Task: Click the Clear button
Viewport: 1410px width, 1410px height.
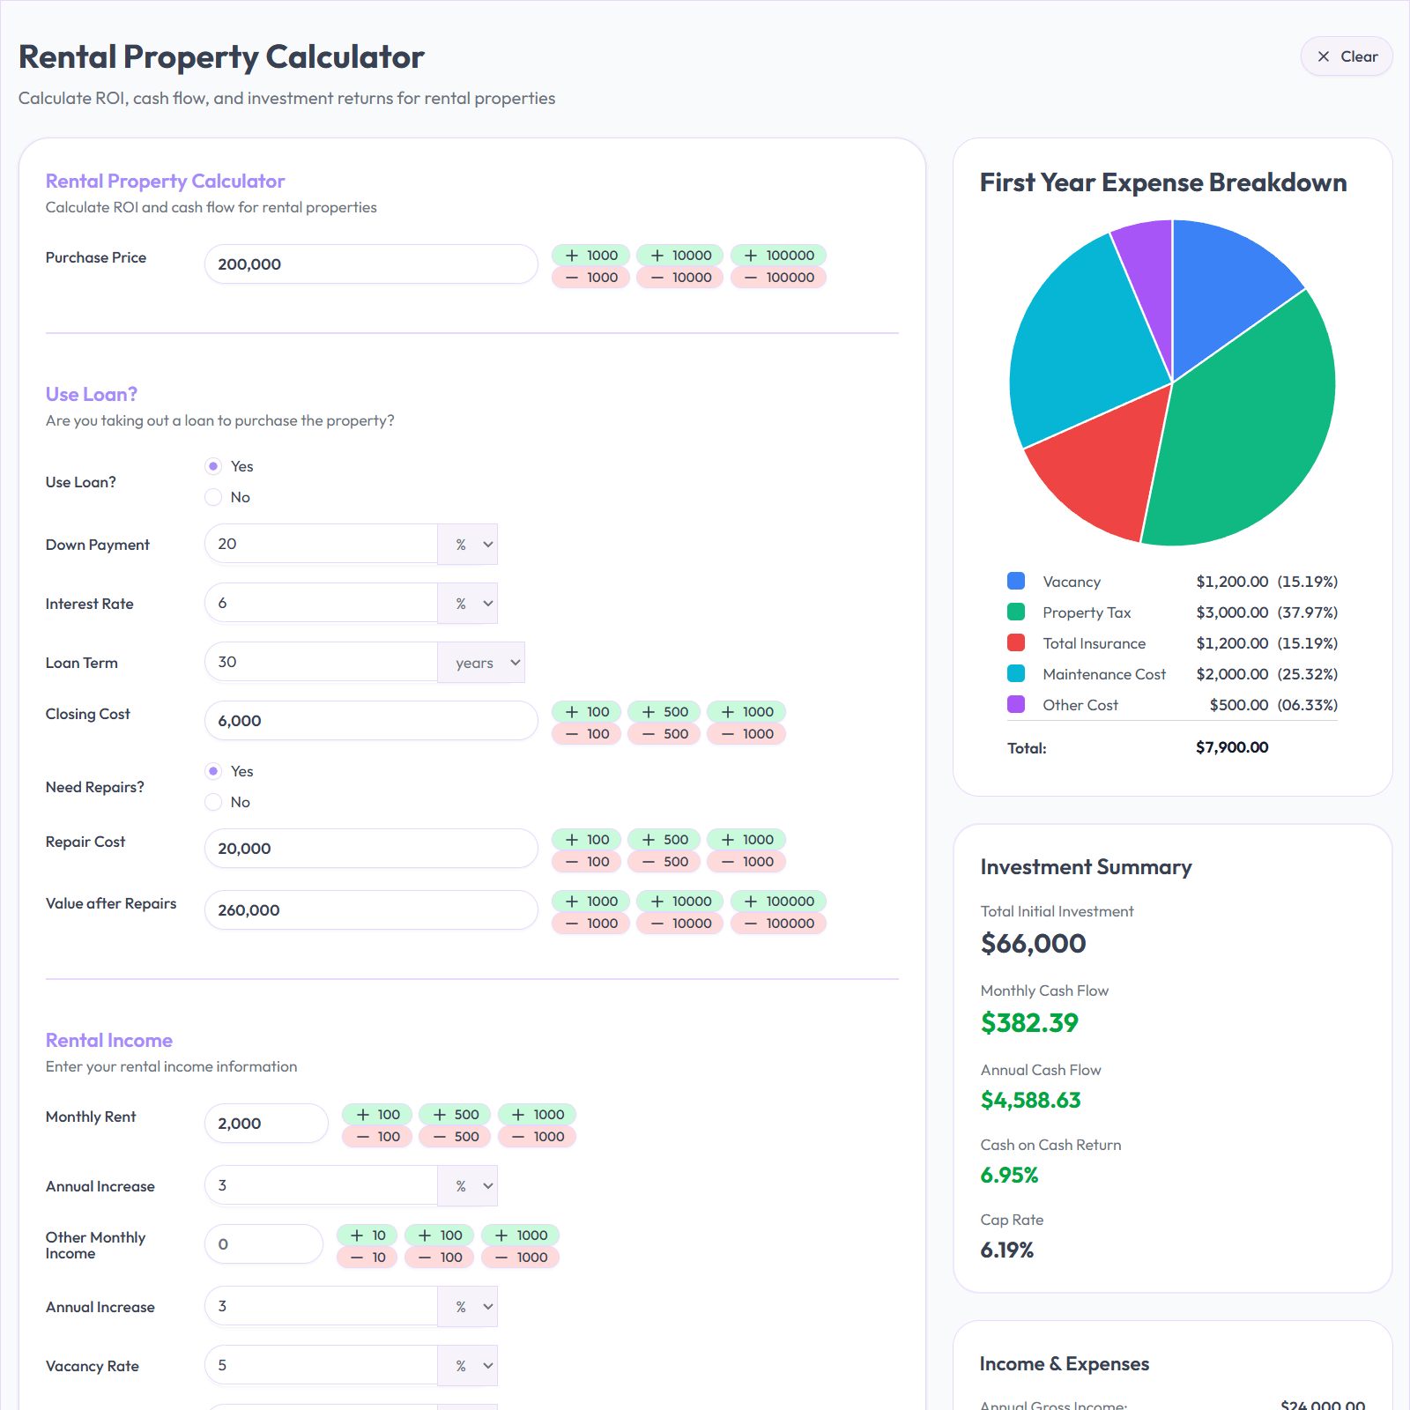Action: pyautogui.click(x=1346, y=56)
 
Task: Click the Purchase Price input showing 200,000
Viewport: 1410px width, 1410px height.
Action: pyautogui.click(x=370, y=264)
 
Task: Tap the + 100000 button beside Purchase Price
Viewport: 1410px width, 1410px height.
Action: pyautogui.click(x=778, y=256)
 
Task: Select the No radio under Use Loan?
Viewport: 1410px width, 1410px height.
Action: pyautogui.click(x=213, y=497)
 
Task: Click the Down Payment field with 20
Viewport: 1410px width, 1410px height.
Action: pyautogui.click(x=321, y=544)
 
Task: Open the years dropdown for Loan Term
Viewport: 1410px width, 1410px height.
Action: pyautogui.click(x=481, y=663)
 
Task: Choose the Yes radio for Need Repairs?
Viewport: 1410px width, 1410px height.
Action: pyautogui.click(x=213, y=771)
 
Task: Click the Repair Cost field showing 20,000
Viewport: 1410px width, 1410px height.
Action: pyautogui.click(x=370, y=849)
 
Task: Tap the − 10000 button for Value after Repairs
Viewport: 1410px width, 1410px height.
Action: pyautogui.click(x=680, y=924)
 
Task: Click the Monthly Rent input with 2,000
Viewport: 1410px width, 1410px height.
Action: pyautogui.click(x=266, y=1124)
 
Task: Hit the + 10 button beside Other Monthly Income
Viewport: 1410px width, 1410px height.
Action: pyautogui.click(x=367, y=1236)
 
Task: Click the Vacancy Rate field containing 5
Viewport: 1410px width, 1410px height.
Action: pyautogui.click(x=321, y=1365)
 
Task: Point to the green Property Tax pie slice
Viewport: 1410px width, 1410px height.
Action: pyautogui.click(x=1251, y=423)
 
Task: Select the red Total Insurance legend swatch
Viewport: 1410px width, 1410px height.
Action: pyautogui.click(x=1016, y=643)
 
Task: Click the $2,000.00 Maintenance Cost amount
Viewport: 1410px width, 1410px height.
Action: pyautogui.click(x=1232, y=674)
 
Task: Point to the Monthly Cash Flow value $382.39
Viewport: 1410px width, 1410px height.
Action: pyautogui.click(x=1029, y=1023)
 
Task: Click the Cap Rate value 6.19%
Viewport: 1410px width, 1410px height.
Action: pyautogui.click(x=1007, y=1250)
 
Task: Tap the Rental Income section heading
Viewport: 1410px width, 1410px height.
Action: pyautogui.click(x=109, y=1041)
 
